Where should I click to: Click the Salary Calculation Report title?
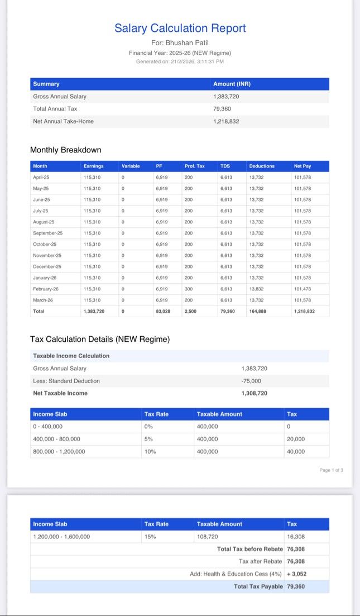[x=180, y=28]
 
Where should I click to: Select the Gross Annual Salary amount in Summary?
[x=226, y=96]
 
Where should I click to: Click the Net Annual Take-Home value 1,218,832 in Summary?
[x=226, y=121]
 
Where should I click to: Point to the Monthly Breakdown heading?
[x=65, y=150]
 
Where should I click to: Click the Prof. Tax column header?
[x=194, y=166]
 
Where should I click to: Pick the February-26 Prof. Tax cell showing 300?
[x=189, y=289]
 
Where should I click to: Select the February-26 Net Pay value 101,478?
[x=303, y=289]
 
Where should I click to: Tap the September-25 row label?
[x=47, y=233]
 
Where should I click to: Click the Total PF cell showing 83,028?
[x=163, y=312]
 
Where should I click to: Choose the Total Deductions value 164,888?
[x=257, y=312]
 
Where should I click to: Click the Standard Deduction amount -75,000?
[x=251, y=381]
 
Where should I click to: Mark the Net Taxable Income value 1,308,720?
[x=255, y=393]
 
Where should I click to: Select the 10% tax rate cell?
[x=150, y=452]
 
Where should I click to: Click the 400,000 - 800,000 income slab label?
[x=56, y=439]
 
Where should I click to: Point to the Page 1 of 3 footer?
[x=332, y=470]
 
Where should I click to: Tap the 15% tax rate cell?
[x=150, y=537]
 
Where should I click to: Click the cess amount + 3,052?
[x=297, y=574]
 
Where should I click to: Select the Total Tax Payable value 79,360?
[x=296, y=586]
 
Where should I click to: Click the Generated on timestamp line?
[x=180, y=61]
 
